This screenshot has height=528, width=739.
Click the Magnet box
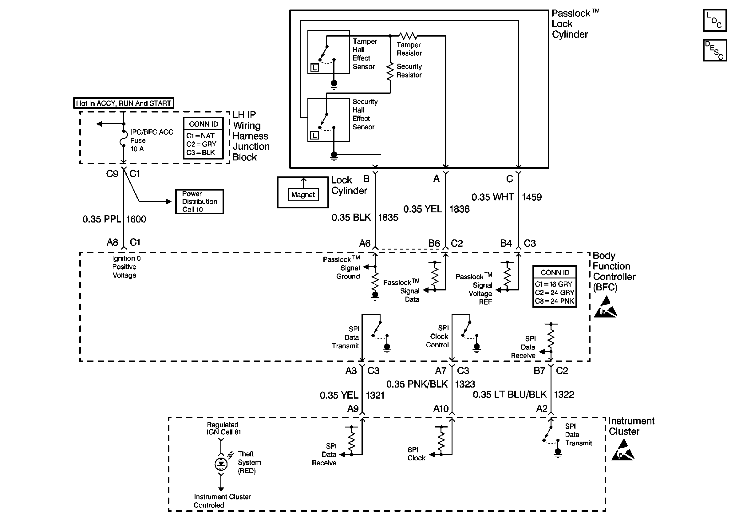[x=303, y=195]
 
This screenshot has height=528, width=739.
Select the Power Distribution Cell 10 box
[x=199, y=202]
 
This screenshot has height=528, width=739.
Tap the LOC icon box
[x=715, y=20]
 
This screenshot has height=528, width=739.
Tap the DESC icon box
[x=715, y=50]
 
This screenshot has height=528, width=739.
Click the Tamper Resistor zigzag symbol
[x=408, y=35]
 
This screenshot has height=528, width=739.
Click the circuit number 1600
[x=136, y=219]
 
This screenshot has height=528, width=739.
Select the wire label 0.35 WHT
[x=492, y=197]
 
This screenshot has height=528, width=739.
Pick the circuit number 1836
[x=459, y=209]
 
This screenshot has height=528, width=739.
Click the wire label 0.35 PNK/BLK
[x=417, y=384]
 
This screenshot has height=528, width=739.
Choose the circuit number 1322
[x=564, y=394]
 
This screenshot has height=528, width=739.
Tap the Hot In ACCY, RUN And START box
[x=124, y=103]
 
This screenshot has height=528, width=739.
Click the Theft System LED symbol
[x=221, y=464]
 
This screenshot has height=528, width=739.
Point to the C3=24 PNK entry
[x=554, y=301]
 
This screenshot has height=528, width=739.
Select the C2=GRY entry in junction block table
[x=201, y=144]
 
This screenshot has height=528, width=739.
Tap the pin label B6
[x=434, y=243]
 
